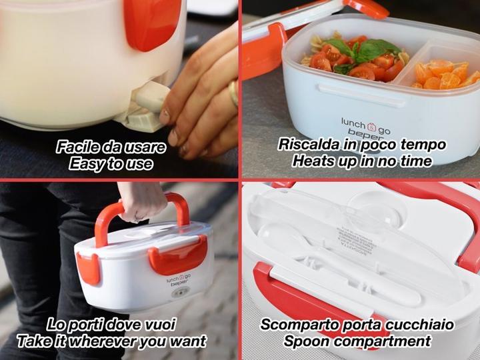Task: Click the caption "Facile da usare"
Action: click(x=111, y=147)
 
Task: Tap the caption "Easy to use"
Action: click(x=111, y=164)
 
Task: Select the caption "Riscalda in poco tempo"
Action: click(x=361, y=144)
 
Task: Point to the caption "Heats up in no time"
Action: click(x=361, y=161)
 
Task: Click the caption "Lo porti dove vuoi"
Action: click(x=111, y=325)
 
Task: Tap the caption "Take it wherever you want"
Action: click(x=111, y=341)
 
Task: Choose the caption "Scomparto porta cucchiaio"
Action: click(x=357, y=325)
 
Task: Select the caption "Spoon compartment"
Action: click(x=357, y=341)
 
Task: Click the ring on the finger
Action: click(x=233, y=93)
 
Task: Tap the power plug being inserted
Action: click(x=147, y=104)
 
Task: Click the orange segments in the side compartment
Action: click(x=444, y=75)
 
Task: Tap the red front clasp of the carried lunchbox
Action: click(x=178, y=255)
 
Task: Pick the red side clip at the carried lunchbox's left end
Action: click(x=88, y=269)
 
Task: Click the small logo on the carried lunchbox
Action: click(x=179, y=280)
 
